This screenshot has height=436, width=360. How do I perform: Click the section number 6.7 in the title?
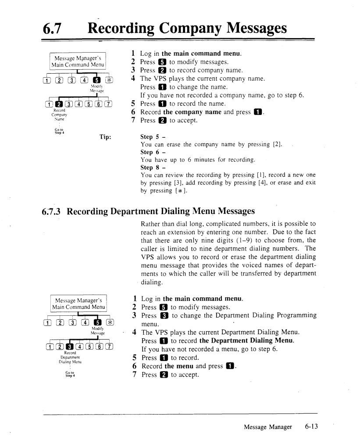click(52, 28)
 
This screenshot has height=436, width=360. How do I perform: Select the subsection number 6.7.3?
click(51, 211)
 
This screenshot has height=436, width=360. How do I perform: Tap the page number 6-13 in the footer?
click(311, 426)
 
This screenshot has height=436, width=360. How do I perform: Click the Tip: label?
click(105, 137)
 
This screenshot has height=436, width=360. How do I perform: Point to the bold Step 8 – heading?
click(153, 168)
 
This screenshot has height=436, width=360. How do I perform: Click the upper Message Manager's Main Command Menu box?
click(78, 61)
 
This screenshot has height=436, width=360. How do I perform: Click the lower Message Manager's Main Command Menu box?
click(78, 304)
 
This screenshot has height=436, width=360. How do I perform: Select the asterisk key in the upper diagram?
click(109, 80)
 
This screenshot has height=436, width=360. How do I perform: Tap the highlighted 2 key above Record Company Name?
click(59, 104)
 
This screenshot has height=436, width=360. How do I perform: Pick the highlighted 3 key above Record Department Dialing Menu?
click(69, 347)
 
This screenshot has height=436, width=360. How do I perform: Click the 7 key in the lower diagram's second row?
click(110, 347)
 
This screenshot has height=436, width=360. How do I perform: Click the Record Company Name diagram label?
click(59, 114)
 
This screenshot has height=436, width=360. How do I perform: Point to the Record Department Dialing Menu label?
click(70, 357)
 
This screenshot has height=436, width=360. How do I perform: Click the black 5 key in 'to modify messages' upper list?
click(162, 62)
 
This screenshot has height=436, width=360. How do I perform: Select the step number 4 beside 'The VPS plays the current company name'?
click(133, 78)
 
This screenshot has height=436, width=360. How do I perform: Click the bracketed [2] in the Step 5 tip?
click(278, 144)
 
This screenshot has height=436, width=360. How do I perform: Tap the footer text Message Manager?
click(268, 427)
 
